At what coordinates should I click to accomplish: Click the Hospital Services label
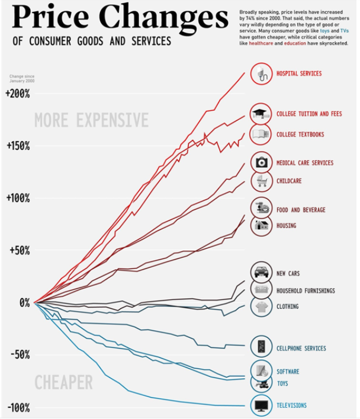[x=299, y=73]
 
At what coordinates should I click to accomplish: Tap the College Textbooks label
[x=300, y=135]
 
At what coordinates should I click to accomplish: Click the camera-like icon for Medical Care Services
[x=261, y=162]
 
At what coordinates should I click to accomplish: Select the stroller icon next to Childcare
[x=261, y=181]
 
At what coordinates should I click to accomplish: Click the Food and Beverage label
[x=301, y=210]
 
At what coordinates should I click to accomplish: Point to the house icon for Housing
[x=261, y=225]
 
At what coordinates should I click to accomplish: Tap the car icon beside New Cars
[x=261, y=273]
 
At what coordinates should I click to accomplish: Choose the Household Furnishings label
[x=306, y=291]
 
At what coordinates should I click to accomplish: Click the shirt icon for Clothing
[x=261, y=306]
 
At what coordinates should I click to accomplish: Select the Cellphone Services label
[x=301, y=348]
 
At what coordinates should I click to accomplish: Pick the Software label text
[x=288, y=372]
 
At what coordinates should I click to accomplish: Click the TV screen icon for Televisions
[x=261, y=405]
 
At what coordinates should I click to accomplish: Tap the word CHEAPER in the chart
[x=63, y=383]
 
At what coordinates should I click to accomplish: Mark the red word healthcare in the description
[x=261, y=44]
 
